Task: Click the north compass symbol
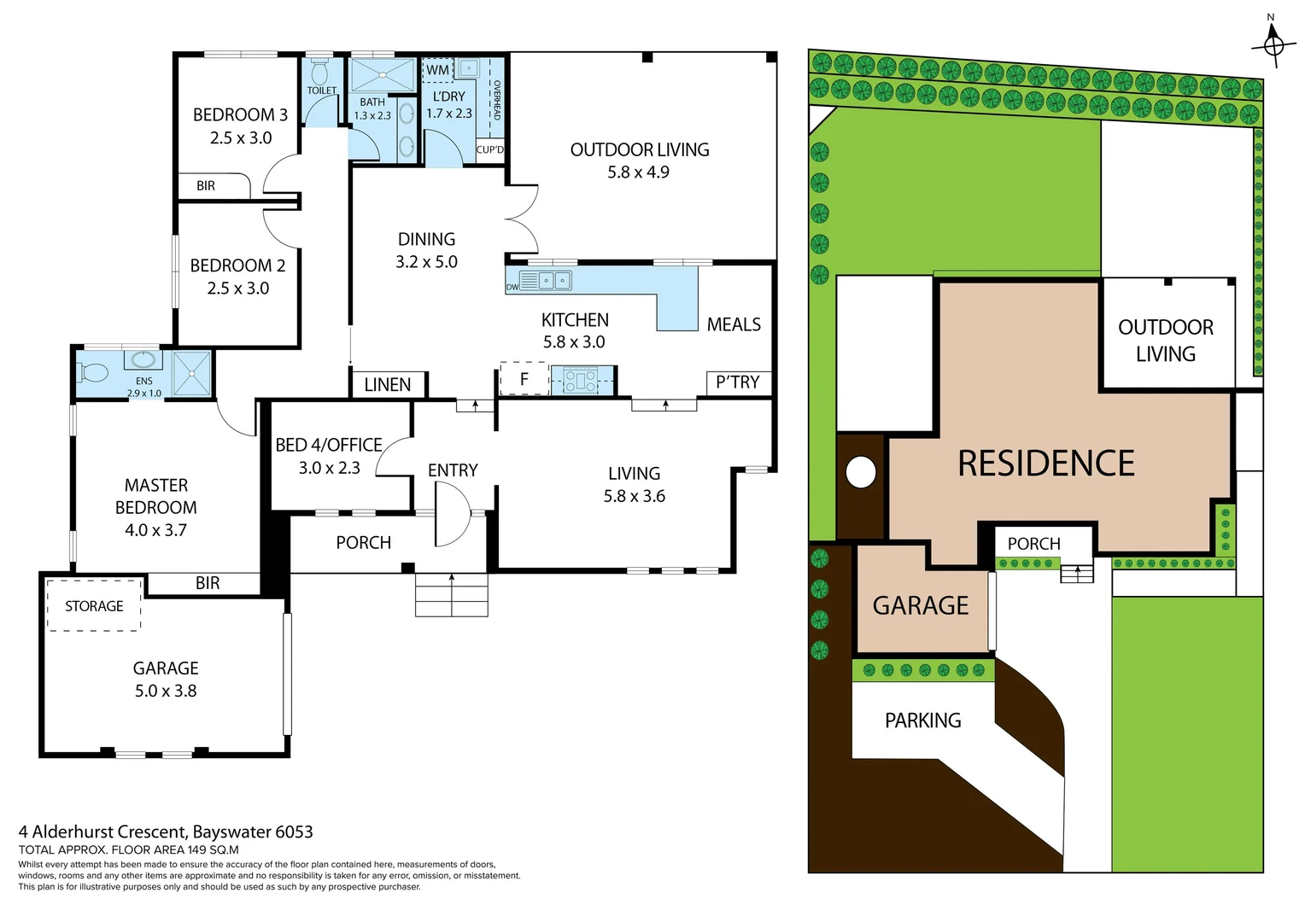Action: [x=1273, y=43]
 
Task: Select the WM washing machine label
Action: [x=437, y=70]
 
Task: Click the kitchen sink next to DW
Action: [x=546, y=280]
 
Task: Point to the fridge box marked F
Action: [x=524, y=378]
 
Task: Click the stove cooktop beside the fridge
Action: [x=581, y=380]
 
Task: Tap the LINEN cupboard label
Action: [x=387, y=385]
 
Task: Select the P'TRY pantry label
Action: [x=737, y=382]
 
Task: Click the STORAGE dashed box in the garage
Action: [x=94, y=606]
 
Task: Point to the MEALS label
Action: [x=734, y=324]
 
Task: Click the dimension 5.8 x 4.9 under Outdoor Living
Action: [x=638, y=172]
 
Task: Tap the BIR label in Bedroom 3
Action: [x=206, y=186]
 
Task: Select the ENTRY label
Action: [x=453, y=470]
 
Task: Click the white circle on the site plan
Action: [x=861, y=472]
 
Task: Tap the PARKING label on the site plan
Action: [x=922, y=721]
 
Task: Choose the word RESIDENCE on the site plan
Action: [x=1045, y=464]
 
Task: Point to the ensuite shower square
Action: [x=191, y=374]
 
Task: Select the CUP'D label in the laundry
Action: [x=490, y=149]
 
